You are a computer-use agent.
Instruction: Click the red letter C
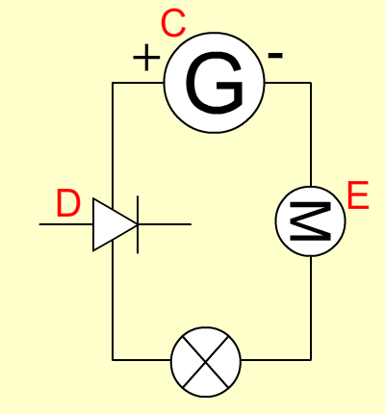pos(173,23)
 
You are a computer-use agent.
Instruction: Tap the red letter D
pos(68,203)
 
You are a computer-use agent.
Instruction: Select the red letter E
pos(358,195)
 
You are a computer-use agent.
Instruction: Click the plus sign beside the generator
pos(146,58)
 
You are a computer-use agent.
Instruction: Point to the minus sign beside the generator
pos(275,56)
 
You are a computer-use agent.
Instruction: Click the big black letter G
pos(215,83)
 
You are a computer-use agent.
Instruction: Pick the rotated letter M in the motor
pos(310,221)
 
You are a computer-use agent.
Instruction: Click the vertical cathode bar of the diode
pos(138,224)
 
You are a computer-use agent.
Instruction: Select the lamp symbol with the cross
pos(206,362)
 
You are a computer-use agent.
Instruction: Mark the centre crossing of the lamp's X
pos(206,362)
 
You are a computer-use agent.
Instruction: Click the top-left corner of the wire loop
pos(113,83)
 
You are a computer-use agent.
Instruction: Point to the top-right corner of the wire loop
pos(311,83)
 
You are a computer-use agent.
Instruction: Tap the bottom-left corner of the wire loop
pos(113,360)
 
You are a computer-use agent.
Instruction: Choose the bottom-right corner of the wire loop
pos(311,360)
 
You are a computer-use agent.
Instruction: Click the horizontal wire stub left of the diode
pos(66,224)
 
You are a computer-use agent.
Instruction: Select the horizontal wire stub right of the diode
pos(165,224)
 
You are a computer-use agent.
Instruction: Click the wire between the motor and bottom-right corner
pos(311,308)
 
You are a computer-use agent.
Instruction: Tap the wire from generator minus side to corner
pos(288,83)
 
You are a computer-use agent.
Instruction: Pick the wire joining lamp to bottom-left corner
pos(141,360)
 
